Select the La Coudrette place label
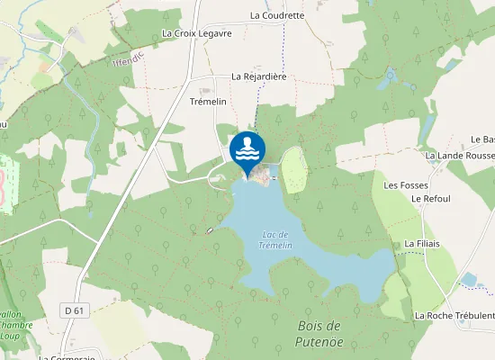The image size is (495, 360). point(277,15)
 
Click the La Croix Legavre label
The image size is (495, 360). point(196,33)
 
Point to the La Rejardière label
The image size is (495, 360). point(258,77)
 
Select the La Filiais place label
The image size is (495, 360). point(420,243)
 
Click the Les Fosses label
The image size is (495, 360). point(403,185)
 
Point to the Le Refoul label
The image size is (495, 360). point(429,198)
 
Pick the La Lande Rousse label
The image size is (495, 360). point(460,156)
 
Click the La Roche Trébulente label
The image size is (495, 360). point(454,316)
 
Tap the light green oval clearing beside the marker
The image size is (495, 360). point(294,168)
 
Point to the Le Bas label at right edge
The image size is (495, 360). point(483,139)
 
